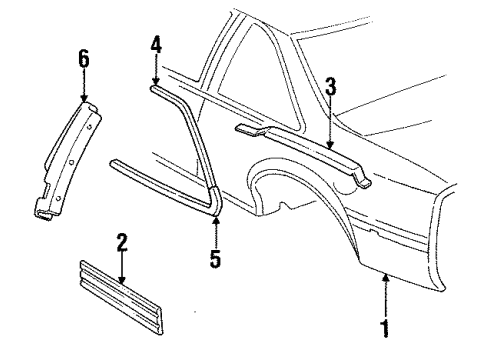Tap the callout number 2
pos(121,242)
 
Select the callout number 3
pos(329,87)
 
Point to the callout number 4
pos(155,45)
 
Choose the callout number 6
pos(83,59)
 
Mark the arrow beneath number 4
pos(155,72)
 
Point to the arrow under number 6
pos(83,87)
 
